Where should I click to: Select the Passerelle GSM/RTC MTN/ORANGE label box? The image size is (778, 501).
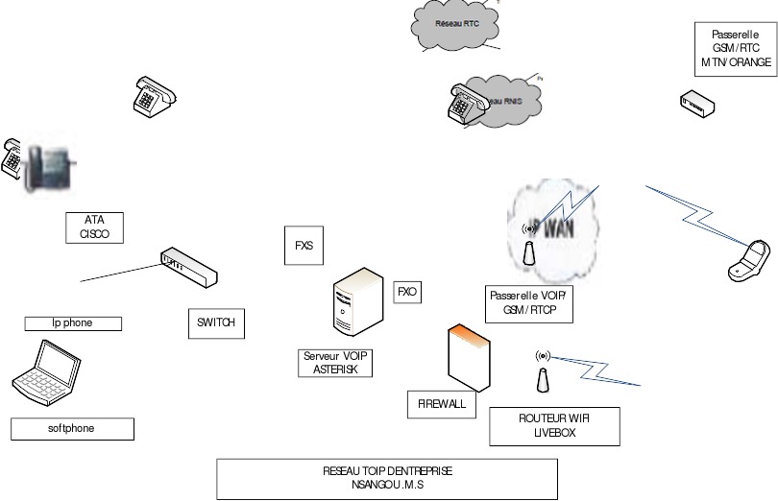(736, 48)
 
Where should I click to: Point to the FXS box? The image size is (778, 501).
(304, 245)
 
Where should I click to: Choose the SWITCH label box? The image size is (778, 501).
(215, 323)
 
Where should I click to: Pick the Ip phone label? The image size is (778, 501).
(73, 323)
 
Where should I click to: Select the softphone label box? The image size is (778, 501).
(72, 428)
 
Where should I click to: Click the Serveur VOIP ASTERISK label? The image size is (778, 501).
(335, 363)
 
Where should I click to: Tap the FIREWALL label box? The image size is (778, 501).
(442, 404)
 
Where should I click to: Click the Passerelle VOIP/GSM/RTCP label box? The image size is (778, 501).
(529, 303)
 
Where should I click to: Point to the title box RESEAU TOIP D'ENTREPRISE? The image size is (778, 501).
(387, 479)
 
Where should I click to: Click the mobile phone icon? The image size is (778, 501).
(751, 259)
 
